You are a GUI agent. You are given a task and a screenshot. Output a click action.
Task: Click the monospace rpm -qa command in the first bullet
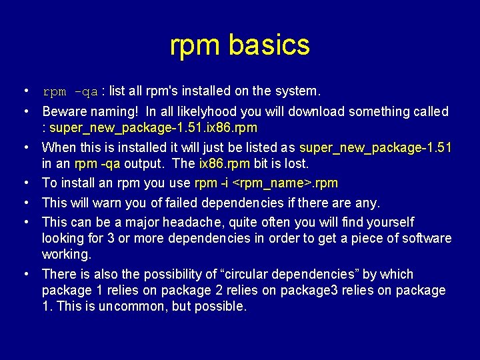70,91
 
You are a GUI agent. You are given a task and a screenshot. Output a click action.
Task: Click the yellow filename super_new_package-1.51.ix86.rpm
153,127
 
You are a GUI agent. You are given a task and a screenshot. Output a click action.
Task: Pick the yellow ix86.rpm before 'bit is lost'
225,163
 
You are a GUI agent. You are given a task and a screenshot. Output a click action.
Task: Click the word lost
296,163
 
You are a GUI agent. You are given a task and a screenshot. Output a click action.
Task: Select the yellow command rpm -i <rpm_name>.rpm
266,183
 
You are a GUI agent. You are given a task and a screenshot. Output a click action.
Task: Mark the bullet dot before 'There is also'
25,274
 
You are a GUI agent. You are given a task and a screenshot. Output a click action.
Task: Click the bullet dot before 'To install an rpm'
25,183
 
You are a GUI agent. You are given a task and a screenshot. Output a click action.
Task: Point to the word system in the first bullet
299,91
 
